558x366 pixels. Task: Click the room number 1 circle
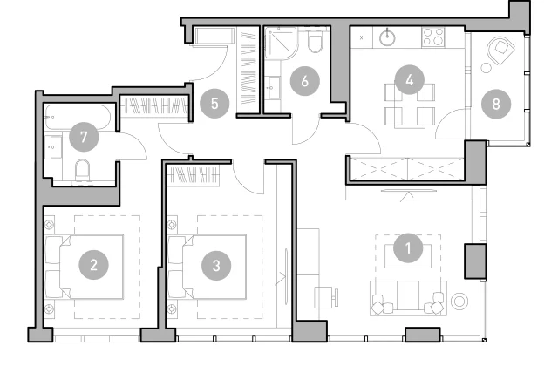(x=408, y=247)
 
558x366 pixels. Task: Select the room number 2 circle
(x=93, y=265)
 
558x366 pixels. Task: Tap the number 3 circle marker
(x=216, y=265)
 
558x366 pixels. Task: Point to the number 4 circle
(x=410, y=79)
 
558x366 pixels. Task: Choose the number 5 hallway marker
(x=214, y=104)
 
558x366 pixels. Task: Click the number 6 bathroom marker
(x=304, y=81)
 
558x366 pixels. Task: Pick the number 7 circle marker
(x=84, y=137)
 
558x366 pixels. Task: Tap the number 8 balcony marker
(x=496, y=104)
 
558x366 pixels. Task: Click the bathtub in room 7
(x=78, y=117)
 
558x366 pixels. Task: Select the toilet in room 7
(x=83, y=170)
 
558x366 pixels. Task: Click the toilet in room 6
(x=316, y=41)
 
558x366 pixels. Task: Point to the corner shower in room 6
(x=281, y=43)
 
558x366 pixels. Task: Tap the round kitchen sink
(x=387, y=38)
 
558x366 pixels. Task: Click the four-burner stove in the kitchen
(x=433, y=37)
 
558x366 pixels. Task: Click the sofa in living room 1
(x=409, y=298)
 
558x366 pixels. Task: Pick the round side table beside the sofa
(x=459, y=302)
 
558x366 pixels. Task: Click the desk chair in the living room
(x=326, y=297)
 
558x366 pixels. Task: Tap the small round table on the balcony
(x=487, y=68)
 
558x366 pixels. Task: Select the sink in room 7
(x=54, y=146)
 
